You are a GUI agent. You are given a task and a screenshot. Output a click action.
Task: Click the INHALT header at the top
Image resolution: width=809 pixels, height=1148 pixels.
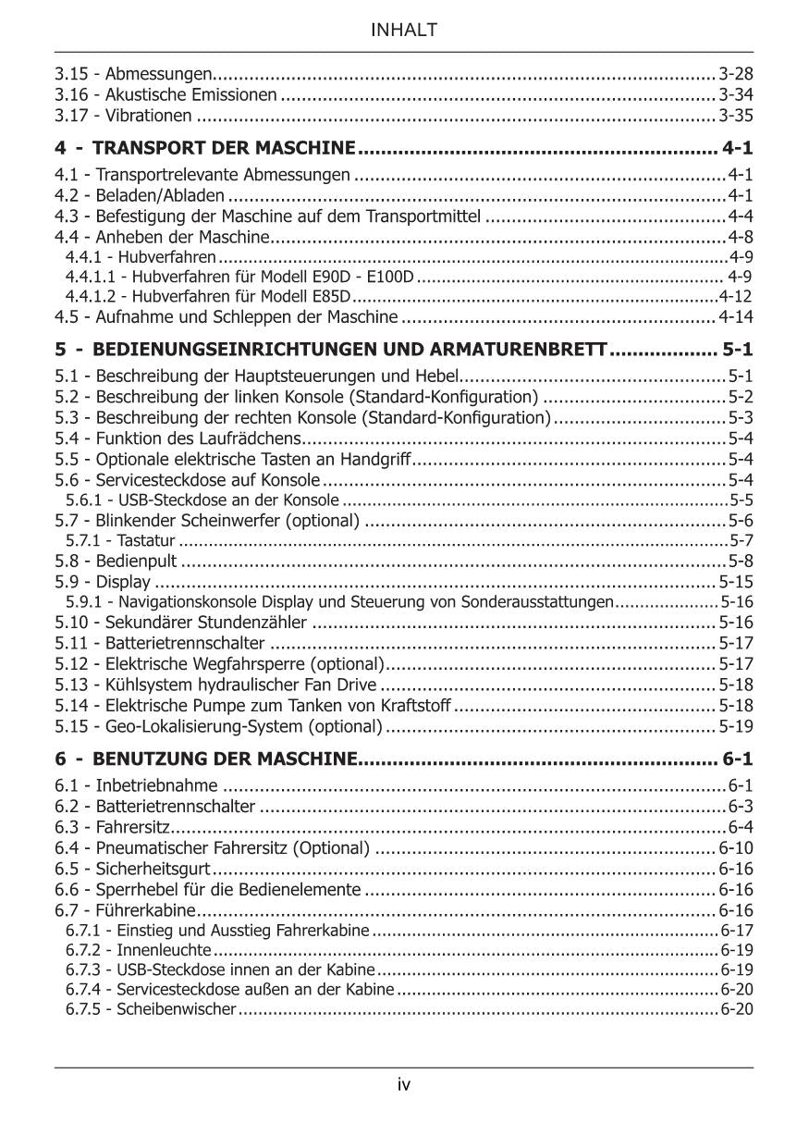[x=404, y=31]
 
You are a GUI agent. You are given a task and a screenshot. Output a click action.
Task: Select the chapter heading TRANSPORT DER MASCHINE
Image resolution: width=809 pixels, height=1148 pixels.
[x=225, y=148]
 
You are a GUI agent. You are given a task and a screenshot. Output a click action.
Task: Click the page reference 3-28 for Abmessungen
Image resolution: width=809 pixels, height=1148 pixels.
[x=736, y=73]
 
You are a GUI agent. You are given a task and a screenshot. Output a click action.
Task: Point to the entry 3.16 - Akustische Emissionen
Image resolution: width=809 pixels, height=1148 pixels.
[x=165, y=94]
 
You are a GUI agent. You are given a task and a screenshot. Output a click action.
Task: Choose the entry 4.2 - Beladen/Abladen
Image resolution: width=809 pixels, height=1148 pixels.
[x=140, y=195]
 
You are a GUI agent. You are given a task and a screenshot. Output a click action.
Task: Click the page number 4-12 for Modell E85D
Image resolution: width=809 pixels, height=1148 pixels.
[x=736, y=297]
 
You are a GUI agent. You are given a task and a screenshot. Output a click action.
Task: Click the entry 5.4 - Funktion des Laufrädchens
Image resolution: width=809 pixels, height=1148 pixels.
[x=178, y=438]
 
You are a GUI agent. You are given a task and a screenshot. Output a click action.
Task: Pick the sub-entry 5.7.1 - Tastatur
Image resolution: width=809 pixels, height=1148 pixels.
[x=120, y=540]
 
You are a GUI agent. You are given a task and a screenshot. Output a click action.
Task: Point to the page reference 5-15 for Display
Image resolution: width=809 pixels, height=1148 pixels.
[x=736, y=582]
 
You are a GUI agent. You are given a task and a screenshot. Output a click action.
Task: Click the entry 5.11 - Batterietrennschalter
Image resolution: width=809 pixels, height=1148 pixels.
[x=160, y=643]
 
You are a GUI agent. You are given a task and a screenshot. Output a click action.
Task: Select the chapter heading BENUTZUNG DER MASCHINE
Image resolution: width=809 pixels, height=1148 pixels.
[x=226, y=760]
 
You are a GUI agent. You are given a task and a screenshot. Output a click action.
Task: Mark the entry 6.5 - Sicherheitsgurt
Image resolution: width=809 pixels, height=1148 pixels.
[x=133, y=869]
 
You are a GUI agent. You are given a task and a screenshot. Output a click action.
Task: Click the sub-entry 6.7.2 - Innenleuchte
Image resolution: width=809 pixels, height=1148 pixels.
[x=139, y=950]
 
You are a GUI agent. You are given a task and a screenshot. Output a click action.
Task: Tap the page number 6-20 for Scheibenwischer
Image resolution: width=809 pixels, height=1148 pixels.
[x=737, y=1009]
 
